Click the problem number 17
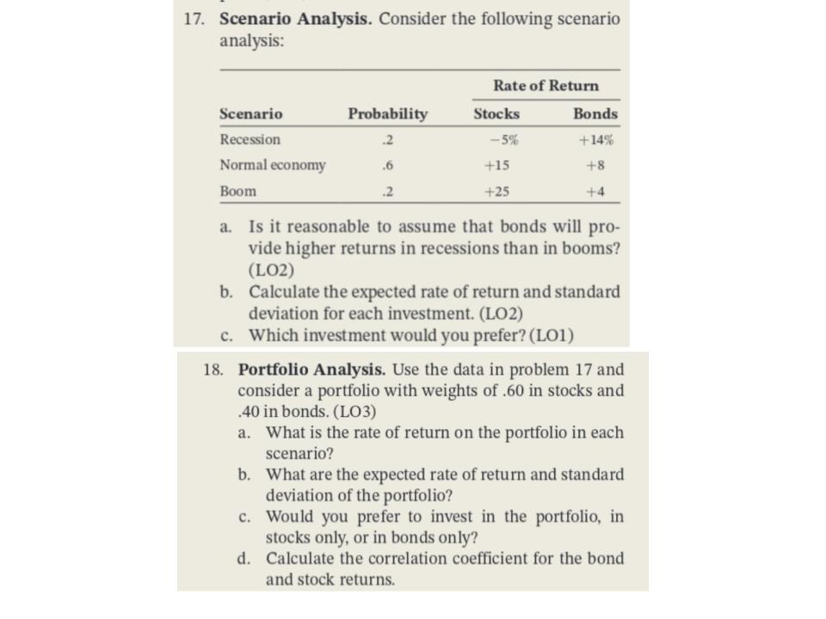(x=195, y=19)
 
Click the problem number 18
(x=214, y=370)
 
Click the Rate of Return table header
(x=546, y=86)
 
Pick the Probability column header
(x=387, y=114)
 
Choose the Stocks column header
(x=496, y=114)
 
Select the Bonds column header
(x=595, y=114)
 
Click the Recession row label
(x=250, y=139)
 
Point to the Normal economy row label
(x=273, y=165)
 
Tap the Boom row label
(x=237, y=192)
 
